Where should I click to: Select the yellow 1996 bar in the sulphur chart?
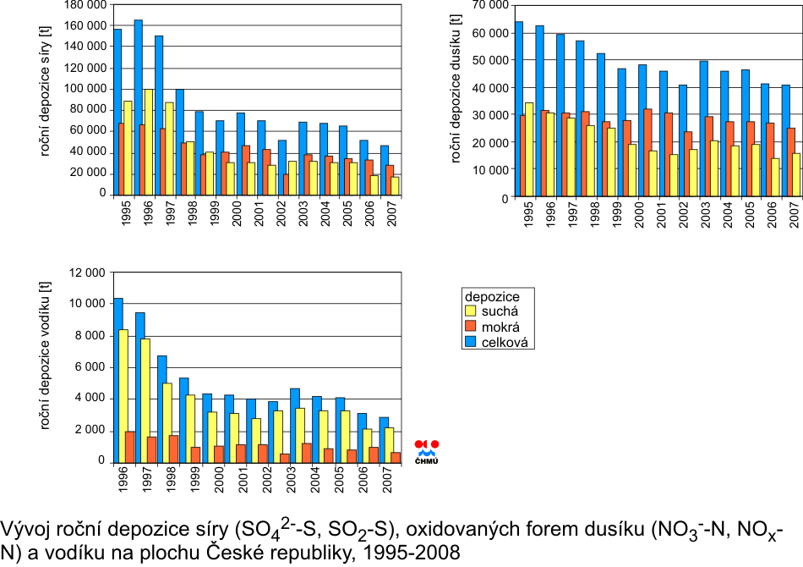148,140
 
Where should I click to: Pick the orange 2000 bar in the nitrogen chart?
647,152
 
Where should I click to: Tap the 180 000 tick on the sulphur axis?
85,5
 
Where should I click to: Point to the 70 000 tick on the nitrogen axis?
490,5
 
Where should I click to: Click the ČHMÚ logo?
427,451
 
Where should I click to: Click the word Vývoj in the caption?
21,531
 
